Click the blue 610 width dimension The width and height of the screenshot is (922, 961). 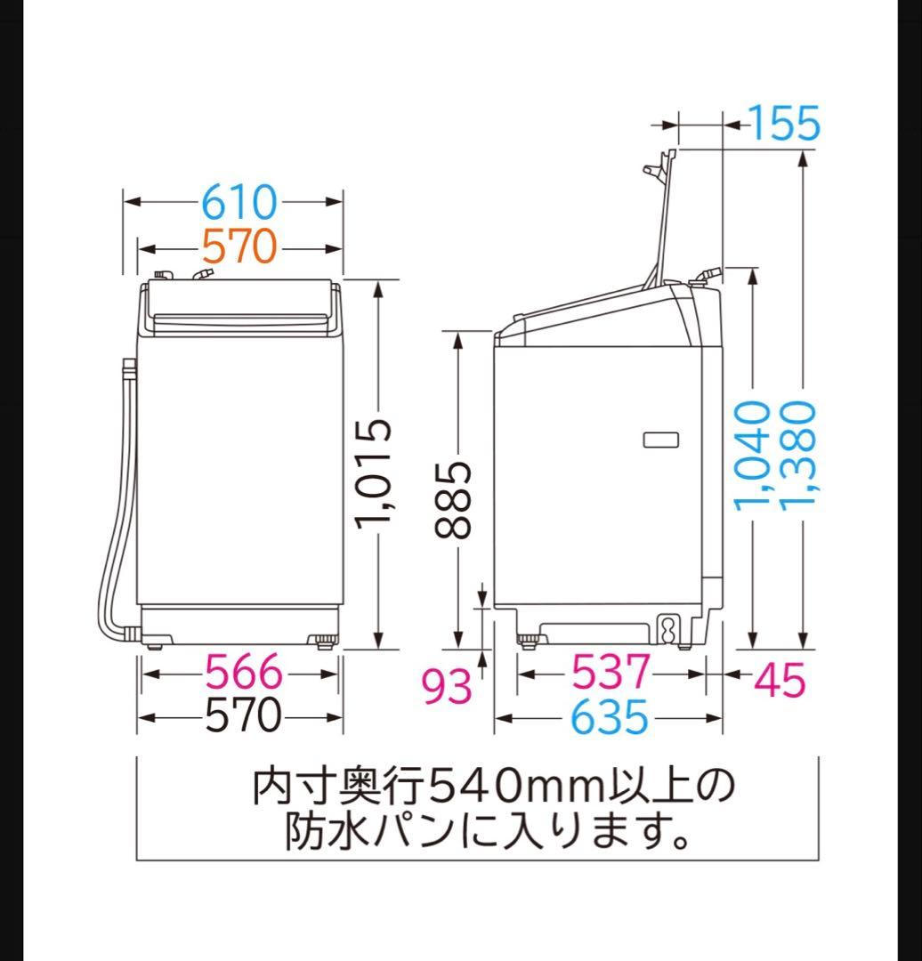click(239, 203)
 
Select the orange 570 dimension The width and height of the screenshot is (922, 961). click(239, 246)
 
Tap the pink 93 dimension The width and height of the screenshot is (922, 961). click(447, 686)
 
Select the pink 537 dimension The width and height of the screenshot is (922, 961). click(611, 673)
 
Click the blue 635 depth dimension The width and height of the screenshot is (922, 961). click(610, 716)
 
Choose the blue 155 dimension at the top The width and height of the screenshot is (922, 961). click(783, 124)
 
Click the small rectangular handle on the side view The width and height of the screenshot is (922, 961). click(659, 439)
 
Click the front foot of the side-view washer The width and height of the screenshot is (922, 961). click(529, 638)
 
